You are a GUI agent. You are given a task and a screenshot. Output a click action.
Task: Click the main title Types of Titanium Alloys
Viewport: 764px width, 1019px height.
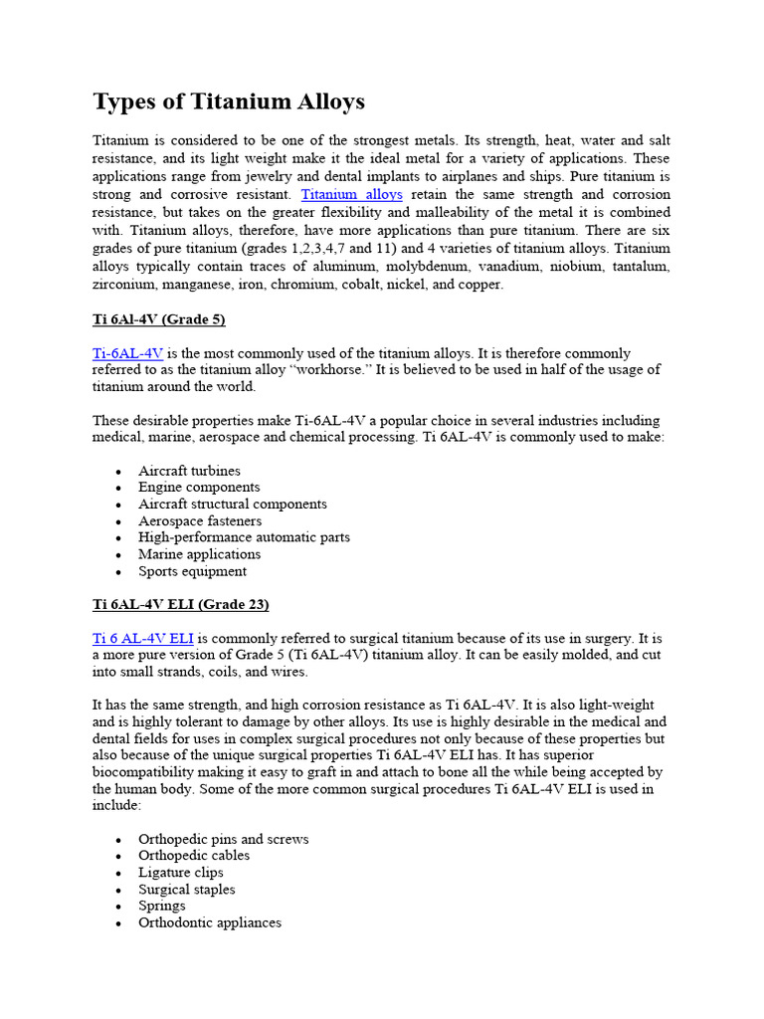229,102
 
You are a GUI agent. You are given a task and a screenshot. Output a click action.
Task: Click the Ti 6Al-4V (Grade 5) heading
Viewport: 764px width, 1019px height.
159,319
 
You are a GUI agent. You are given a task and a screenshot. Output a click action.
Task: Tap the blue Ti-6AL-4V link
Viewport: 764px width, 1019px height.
127,353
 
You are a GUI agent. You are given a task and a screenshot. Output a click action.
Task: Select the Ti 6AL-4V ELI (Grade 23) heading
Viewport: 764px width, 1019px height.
181,604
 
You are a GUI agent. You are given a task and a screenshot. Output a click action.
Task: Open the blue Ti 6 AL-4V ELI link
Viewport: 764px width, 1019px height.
142,638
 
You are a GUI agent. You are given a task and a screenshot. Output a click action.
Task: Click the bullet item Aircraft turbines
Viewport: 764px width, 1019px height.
189,471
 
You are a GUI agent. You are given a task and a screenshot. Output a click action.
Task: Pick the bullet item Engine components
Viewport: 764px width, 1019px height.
199,488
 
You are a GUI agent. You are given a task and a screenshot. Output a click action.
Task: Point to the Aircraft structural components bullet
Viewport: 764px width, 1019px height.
232,505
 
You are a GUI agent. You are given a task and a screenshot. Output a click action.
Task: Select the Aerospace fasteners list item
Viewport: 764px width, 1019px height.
200,520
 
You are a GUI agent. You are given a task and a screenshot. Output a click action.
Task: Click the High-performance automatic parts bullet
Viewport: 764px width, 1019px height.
244,537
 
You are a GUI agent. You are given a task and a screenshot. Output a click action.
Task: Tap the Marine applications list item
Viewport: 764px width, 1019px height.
199,554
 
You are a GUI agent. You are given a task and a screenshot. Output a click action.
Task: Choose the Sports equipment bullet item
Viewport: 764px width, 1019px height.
192,571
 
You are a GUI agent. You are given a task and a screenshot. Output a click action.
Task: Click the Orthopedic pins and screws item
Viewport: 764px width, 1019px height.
223,839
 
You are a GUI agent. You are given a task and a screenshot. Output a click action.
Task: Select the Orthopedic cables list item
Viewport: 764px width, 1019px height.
194,856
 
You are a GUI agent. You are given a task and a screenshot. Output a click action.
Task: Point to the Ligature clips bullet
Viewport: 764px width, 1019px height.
180,873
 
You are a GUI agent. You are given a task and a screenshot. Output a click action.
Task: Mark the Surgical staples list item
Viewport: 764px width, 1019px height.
186,890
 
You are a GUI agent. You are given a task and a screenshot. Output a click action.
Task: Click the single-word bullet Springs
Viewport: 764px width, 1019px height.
161,907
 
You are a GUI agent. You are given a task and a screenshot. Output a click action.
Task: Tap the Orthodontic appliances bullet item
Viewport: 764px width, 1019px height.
209,923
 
